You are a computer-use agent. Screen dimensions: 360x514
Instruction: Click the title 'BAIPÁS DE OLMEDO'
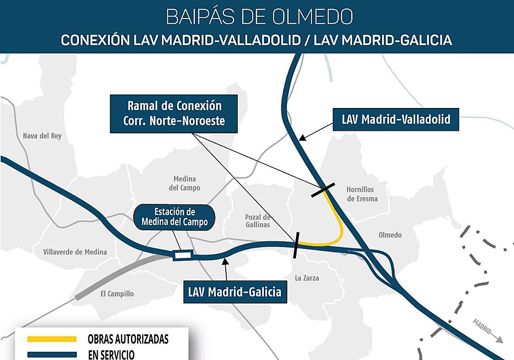pyautogui.click(x=259, y=16)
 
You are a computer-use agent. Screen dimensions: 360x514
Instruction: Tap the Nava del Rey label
pyautogui.click(x=42, y=136)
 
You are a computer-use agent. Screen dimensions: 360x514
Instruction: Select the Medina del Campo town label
pyautogui.click(x=184, y=183)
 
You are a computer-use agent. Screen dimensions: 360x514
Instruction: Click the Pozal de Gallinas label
pyautogui.click(x=258, y=220)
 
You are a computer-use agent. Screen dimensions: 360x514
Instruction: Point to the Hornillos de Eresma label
pyautogui.click(x=360, y=194)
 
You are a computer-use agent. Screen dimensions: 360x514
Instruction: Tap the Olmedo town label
pyautogui.click(x=390, y=235)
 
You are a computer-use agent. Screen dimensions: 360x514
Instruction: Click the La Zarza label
pyautogui.click(x=307, y=278)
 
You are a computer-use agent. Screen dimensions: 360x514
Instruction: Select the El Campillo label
pyautogui.click(x=117, y=294)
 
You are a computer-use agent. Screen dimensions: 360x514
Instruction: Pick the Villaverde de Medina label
pyautogui.click(x=75, y=252)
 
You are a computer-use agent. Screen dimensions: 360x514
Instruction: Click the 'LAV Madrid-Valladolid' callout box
pyautogui.click(x=396, y=119)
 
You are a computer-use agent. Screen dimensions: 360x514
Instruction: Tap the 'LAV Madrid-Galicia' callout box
pyautogui.click(x=235, y=292)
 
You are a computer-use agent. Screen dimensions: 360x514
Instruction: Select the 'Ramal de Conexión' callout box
pyautogui.click(x=174, y=114)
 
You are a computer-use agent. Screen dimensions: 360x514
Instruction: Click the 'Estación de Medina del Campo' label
pyautogui.click(x=174, y=217)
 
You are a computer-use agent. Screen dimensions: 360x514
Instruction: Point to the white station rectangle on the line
pyautogui.click(x=183, y=255)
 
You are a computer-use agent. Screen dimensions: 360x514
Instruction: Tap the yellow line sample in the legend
pyautogui.click(x=52, y=339)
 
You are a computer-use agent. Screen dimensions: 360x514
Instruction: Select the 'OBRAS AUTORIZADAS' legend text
pyautogui.click(x=128, y=339)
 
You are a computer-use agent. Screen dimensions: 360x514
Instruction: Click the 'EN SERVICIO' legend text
pyautogui.click(x=111, y=354)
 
